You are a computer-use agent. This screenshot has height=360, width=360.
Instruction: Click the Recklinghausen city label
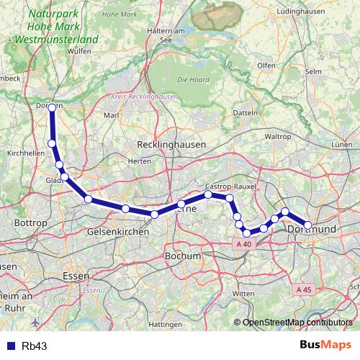171,145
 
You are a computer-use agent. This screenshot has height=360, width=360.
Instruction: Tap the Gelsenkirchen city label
117,233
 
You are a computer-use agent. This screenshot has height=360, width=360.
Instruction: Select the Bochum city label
182,256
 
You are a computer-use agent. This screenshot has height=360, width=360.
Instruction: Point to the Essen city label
75,276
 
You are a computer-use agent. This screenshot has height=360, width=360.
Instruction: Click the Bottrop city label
31,224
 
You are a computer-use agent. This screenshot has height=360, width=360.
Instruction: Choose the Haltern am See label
167,36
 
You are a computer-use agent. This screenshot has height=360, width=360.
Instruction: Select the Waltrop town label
277,136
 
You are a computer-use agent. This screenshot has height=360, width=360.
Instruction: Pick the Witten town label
244,294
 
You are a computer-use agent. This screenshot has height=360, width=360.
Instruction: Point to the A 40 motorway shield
244,244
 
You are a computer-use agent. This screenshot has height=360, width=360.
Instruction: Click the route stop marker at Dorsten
52,108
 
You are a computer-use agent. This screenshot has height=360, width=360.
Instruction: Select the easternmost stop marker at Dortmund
308,225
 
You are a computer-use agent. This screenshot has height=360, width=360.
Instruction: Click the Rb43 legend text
35,346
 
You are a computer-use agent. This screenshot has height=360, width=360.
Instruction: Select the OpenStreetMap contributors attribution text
297,322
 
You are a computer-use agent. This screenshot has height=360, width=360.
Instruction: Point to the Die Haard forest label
192,78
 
